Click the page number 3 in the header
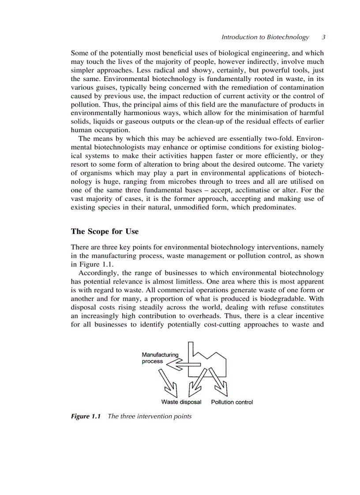323,37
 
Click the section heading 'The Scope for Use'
105,231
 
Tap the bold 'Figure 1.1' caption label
86,416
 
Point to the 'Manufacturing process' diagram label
159,358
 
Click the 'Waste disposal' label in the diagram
181,402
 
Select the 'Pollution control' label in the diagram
232,402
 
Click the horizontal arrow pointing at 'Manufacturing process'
183,365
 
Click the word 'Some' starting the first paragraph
79,52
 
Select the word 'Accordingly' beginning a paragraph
97,273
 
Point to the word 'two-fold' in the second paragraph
280,138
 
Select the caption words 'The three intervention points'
150,416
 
